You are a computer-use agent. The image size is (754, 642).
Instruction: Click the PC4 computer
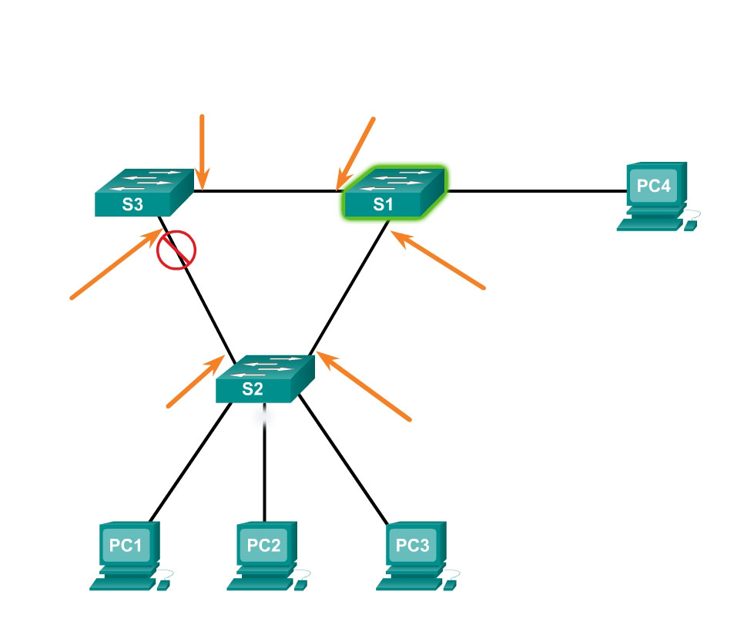pyautogui.click(x=655, y=197)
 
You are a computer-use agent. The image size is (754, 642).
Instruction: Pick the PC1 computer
pyautogui.click(x=129, y=556)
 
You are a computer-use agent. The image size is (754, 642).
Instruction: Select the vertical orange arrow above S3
pyautogui.click(x=202, y=151)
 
